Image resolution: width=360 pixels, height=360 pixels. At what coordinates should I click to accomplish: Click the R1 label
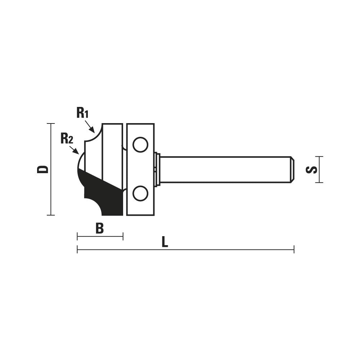point(82,113)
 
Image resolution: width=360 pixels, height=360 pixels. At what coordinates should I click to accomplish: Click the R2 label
point(67,139)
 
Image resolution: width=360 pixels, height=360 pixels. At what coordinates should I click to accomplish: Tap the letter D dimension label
point(43,169)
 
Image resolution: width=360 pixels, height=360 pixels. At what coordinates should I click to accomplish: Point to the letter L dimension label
point(165,242)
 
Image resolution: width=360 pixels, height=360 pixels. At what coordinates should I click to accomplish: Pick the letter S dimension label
point(311,170)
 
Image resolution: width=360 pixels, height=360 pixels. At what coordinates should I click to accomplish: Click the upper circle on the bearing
point(140,145)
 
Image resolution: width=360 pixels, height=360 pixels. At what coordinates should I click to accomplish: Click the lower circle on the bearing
point(140,193)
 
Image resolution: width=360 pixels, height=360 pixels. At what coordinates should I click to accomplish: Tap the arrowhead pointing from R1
point(92,130)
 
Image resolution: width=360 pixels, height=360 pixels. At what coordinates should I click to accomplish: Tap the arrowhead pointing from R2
point(76,152)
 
